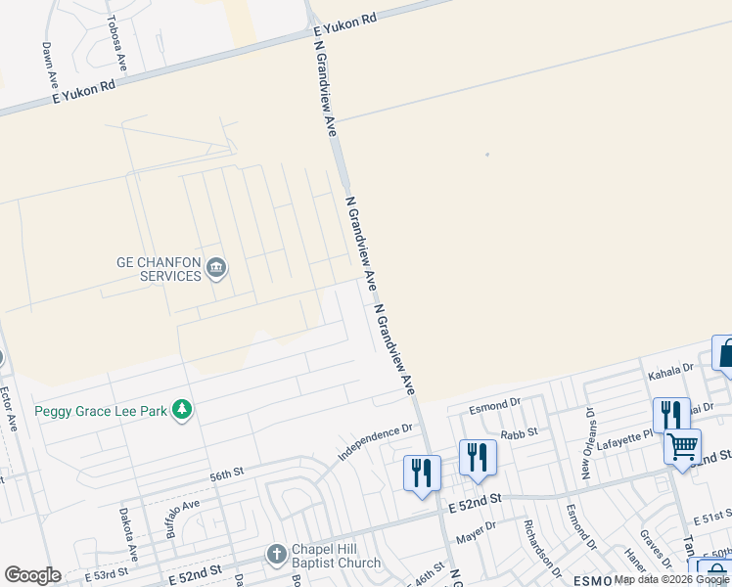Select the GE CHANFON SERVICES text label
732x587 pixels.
[160, 269]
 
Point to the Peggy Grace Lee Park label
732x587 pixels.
[101, 411]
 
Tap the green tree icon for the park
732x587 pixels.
[181, 410]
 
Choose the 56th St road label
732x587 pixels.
[225, 474]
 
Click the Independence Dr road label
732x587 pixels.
[377, 442]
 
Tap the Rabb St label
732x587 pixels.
[520, 432]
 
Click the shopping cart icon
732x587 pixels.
[682, 446]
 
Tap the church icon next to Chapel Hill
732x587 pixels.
[277, 555]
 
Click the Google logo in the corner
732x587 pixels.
[32, 575]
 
